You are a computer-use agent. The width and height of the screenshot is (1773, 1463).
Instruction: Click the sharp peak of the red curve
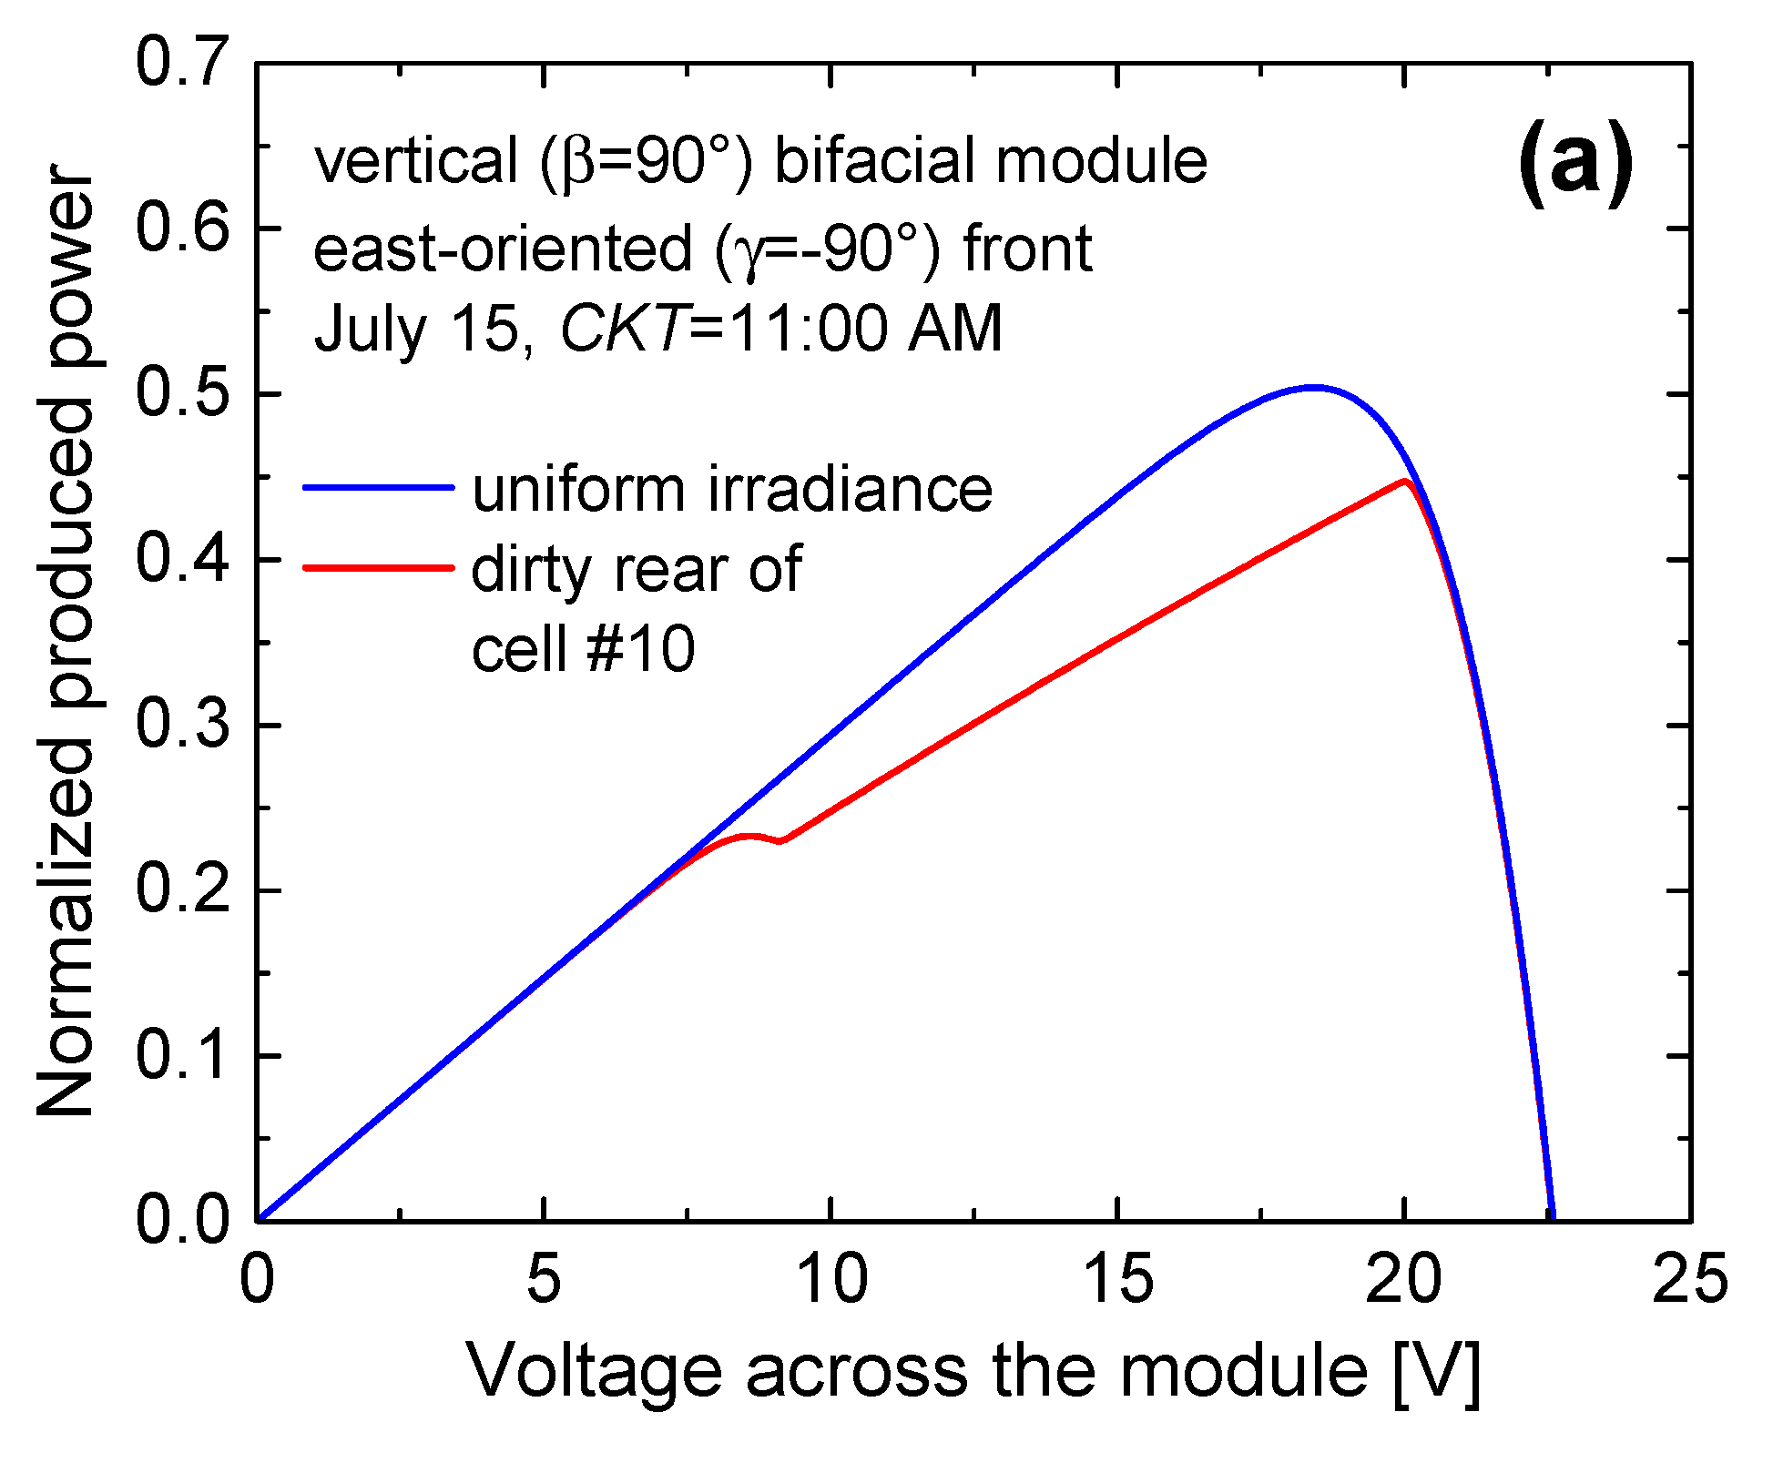coord(1405,482)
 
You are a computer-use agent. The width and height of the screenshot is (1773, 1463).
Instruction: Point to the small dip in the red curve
coord(780,840)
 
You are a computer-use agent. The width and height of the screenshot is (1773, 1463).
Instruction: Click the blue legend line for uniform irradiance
coord(378,488)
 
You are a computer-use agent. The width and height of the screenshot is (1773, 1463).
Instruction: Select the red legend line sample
coord(378,568)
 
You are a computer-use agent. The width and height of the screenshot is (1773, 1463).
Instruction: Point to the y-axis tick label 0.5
coord(179,393)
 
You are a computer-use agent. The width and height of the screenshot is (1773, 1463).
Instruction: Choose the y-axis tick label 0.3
coord(179,725)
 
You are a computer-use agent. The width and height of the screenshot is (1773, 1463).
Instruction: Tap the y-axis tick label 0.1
coord(179,1056)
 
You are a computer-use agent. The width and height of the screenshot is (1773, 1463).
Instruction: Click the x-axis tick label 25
coord(1689,1279)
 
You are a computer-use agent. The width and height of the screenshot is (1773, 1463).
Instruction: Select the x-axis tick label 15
coord(1118,1279)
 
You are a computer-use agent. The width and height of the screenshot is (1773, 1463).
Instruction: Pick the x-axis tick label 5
coord(543,1279)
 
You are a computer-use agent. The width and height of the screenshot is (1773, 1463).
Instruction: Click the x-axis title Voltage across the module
coord(973,1371)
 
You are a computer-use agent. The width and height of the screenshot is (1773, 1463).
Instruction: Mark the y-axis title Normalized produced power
coord(66,641)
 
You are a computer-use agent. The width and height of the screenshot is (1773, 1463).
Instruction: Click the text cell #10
coord(583,649)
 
